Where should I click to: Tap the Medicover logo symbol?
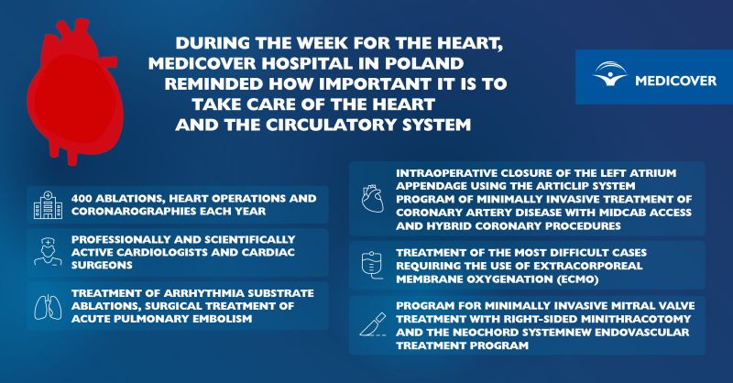pos(610,74)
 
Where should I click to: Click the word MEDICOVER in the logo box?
pos(675,81)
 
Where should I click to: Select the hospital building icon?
pos(48,205)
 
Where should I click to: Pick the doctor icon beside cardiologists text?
pos(48,252)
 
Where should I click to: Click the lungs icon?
pos(48,307)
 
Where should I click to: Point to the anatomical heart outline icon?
pos(373,198)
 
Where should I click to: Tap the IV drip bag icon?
pos(372,265)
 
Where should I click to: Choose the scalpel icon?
pos(373,324)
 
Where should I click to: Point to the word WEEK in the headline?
pos(323,42)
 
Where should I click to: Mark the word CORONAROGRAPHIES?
pos(134,212)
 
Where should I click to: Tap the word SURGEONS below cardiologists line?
pos(102,265)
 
